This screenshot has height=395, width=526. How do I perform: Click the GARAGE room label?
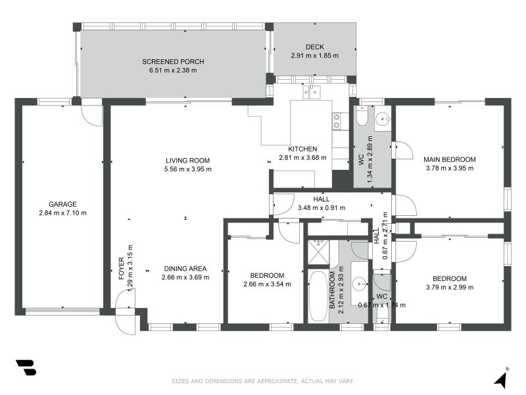tap(62, 204)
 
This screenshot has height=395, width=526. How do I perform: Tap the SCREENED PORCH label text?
tap(169, 61)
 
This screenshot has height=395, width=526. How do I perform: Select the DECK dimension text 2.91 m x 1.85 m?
tap(314, 56)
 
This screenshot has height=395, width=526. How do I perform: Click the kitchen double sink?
tap(312, 92)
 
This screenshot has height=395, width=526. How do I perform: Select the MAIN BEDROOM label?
tap(449, 159)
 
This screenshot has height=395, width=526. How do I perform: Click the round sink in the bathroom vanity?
tap(358, 284)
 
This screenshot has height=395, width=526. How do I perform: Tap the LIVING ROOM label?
tap(187, 160)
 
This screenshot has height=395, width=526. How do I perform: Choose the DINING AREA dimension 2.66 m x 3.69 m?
tap(185, 277)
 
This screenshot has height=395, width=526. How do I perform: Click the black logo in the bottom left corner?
tap(26, 368)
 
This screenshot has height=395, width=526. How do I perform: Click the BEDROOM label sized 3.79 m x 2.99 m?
tap(450, 278)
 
